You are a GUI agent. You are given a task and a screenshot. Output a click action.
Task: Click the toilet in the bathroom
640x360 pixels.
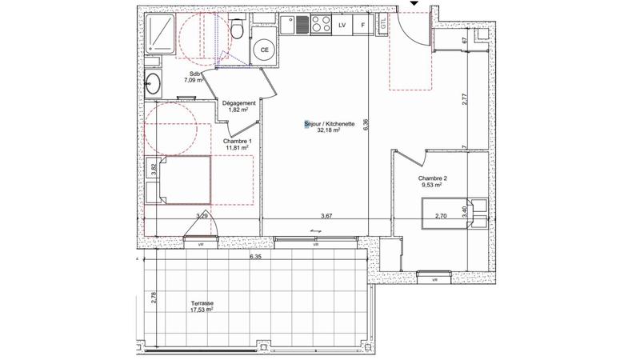238,30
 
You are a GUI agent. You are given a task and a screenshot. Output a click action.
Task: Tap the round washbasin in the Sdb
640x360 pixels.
154,81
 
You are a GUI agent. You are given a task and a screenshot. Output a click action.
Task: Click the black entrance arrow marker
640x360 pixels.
414,5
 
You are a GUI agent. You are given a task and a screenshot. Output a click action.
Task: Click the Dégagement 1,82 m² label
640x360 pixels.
238,106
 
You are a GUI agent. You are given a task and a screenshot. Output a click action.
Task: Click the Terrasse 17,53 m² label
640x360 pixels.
202,308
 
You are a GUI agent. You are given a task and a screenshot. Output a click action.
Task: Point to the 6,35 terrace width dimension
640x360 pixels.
254,258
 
